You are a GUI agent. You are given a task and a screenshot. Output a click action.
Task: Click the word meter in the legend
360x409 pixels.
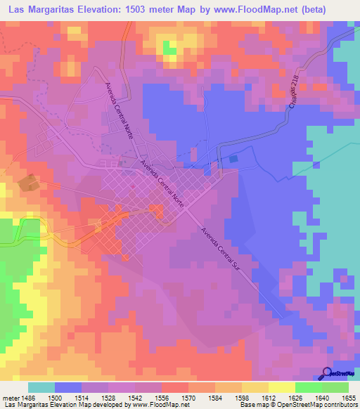point(9,397)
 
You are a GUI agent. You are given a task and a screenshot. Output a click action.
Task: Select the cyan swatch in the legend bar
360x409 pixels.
point(41,387)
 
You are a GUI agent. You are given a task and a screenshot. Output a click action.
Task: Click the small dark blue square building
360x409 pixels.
point(233,160)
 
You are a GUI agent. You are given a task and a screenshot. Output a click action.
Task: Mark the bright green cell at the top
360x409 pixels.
point(170,48)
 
